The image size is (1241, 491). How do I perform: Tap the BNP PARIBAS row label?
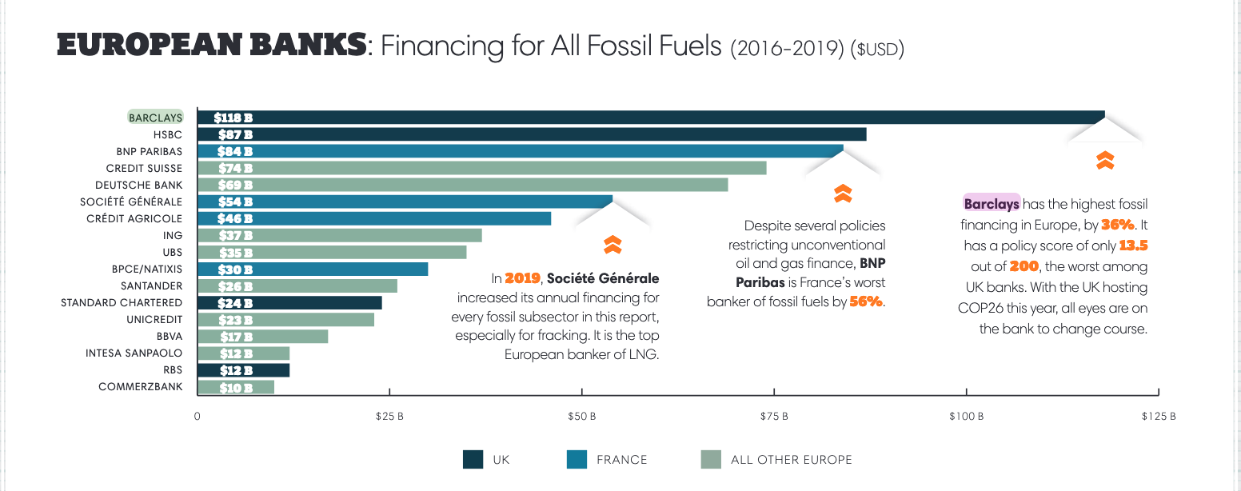tap(149, 151)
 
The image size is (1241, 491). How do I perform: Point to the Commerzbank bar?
tap(236, 387)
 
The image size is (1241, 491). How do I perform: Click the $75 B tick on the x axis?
tap(774, 417)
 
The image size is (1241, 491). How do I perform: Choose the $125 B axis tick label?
tap(1158, 417)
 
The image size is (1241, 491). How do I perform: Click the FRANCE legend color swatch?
tap(577, 459)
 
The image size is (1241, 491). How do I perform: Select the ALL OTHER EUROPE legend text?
tap(791, 460)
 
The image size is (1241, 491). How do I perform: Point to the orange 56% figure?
tap(866, 301)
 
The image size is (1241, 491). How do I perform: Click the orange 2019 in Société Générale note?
tap(523, 279)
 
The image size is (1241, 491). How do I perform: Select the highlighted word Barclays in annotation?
tap(992, 204)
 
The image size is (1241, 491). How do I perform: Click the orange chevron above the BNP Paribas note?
tap(842, 193)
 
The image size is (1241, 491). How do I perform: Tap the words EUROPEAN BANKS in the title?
tap(211, 46)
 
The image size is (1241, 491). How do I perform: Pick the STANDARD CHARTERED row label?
tap(122, 302)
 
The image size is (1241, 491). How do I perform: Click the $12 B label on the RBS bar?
tap(236, 370)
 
